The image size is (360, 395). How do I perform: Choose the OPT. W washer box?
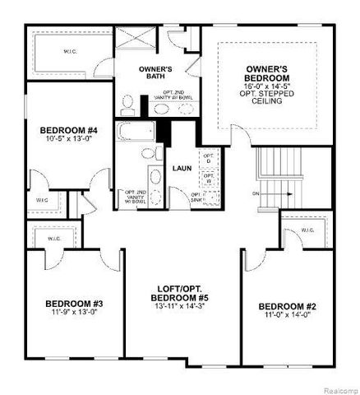click(208, 177)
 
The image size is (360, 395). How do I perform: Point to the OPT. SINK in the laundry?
click(200, 196)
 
